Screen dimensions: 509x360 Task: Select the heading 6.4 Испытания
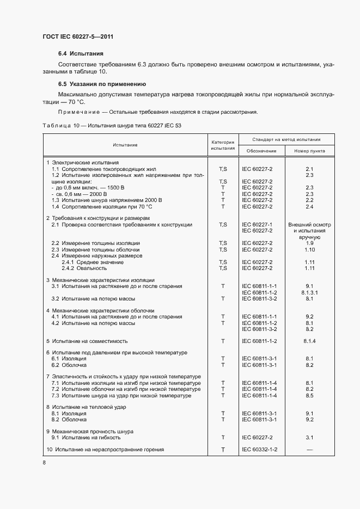81,54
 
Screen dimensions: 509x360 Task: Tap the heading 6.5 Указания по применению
101,84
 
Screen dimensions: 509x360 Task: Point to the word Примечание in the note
78,113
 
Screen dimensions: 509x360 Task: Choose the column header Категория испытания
223,145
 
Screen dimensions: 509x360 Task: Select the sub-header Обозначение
261,151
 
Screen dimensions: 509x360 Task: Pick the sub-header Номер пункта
309,151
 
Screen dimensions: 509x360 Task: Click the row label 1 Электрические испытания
82,163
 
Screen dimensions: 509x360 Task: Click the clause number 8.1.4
309,341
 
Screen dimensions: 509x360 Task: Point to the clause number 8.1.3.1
309,292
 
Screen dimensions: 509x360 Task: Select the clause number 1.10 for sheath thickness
309,249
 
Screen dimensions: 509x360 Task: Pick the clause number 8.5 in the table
309,396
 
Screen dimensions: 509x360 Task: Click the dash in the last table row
309,449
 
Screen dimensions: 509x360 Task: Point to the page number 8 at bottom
44,462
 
